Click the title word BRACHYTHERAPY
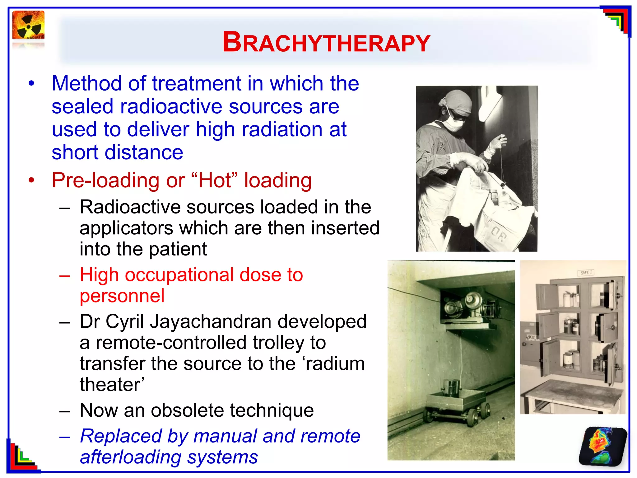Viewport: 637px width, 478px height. point(326,43)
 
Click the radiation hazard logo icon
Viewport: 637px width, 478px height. point(28,26)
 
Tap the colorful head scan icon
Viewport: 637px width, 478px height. point(602,447)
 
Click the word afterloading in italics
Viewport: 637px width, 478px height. point(131,457)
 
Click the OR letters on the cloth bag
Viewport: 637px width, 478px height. point(499,234)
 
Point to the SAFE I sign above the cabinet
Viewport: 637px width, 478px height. point(586,272)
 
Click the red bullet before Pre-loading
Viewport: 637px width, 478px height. point(31,180)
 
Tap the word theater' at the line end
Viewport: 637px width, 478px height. point(112,385)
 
